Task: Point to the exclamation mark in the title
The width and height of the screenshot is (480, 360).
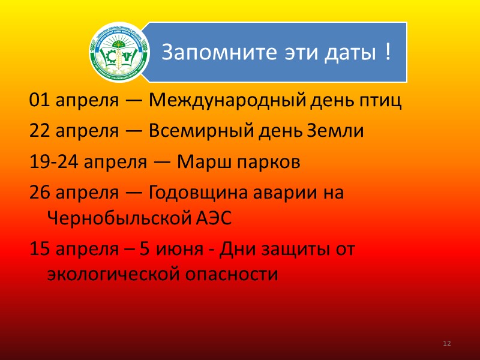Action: [388, 52]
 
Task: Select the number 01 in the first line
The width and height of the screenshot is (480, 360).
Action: [38, 101]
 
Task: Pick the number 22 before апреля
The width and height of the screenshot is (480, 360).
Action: [38, 132]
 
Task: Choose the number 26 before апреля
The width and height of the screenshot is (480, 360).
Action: [38, 193]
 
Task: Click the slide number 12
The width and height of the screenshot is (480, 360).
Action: [446, 343]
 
